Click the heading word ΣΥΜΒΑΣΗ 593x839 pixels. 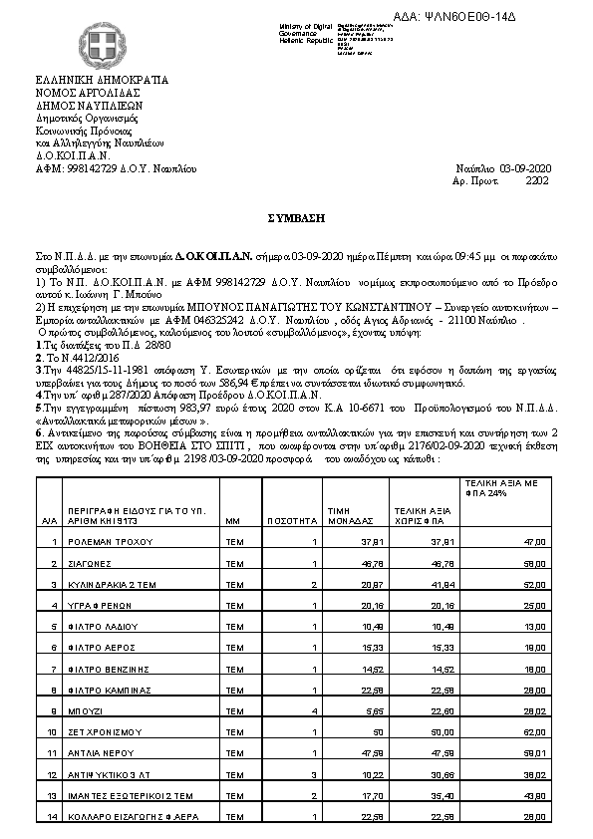click(x=296, y=214)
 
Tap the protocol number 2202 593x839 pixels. click(x=536, y=181)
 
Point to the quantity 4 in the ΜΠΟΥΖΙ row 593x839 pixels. click(x=314, y=711)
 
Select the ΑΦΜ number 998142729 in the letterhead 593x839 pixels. click(x=100, y=169)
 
